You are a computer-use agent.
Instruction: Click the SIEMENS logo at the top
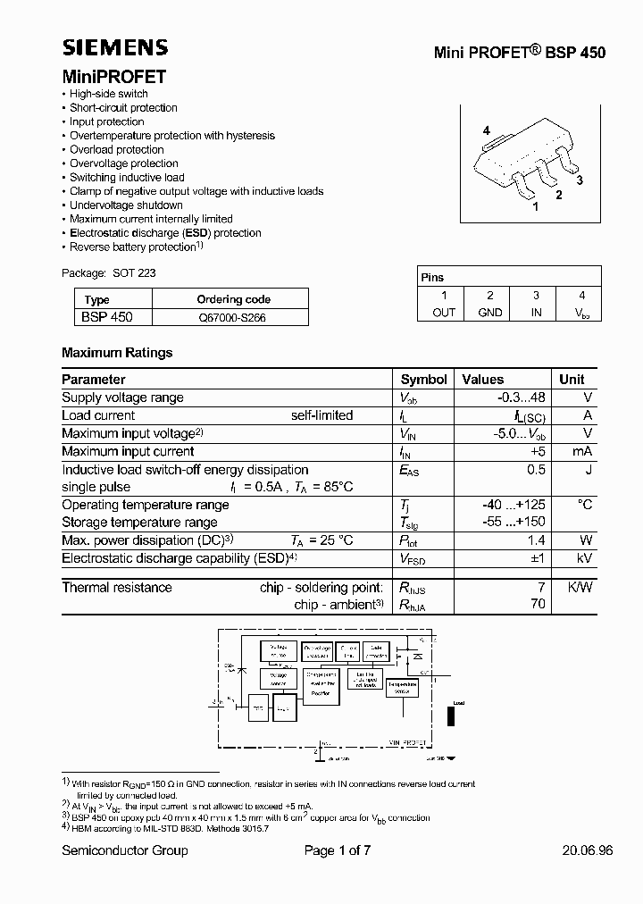pyautogui.click(x=114, y=48)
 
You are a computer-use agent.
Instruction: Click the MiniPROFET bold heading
pyautogui.click(x=113, y=77)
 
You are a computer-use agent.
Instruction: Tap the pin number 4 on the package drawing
pyautogui.click(x=487, y=131)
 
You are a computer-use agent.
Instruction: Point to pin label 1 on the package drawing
pyautogui.click(x=535, y=206)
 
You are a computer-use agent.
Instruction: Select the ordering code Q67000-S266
pyautogui.click(x=232, y=316)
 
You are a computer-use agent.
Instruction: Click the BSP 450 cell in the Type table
pyautogui.click(x=108, y=316)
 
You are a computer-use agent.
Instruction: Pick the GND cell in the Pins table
pyautogui.click(x=489, y=312)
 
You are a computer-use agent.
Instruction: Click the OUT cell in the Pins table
pyautogui.click(x=443, y=312)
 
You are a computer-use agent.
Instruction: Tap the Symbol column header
pyautogui.click(x=423, y=379)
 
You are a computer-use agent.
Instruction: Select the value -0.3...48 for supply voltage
pyautogui.click(x=521, y=398)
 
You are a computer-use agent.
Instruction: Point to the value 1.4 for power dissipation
pyautogui.click(x=536, y=540)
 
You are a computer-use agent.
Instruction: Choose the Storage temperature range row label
pyautogui.click(x=139, y=523)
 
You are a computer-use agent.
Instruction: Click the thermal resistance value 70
pyautogui.click(x=537, y=605)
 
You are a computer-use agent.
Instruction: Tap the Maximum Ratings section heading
pyautogui.click(x=117, y=353)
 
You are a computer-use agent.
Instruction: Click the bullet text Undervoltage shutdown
pyautogui.click(x=126, y=205)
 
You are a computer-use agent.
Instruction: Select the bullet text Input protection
pyautogui.click(x=107, y=121)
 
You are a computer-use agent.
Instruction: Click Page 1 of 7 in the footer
pyautogui.click(x=338, y=850)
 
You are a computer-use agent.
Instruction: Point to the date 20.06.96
pyautogui.click(x=587, y=850)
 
